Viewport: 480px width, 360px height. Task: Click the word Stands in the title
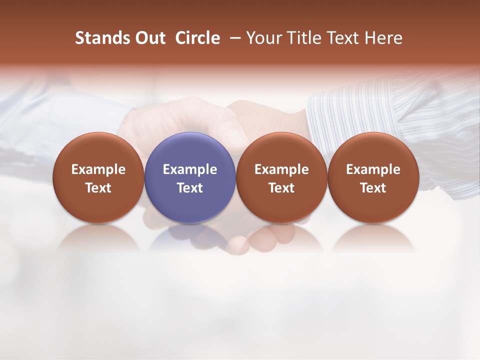(99, 38)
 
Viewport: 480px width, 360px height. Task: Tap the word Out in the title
(149, 38)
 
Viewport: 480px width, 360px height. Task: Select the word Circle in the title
(197, 38)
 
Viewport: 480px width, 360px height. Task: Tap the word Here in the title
(382, 38)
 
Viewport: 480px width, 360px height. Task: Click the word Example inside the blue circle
(190, 169)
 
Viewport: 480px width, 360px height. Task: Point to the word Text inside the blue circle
(190, 188)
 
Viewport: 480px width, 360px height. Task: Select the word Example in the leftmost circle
(98, 169)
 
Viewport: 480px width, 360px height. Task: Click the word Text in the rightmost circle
(373, 188)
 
